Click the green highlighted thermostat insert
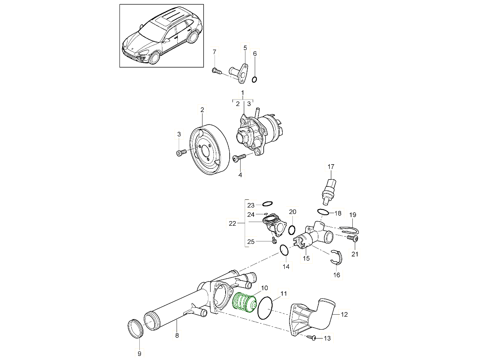pos(245,303)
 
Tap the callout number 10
pos(264,288)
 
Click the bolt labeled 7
pos(217,71)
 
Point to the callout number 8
pos(177,335)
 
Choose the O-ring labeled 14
pos(285,251)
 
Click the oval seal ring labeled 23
pos(267,204)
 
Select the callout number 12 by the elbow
pos(344,314)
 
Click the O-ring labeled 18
pos(323,212)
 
